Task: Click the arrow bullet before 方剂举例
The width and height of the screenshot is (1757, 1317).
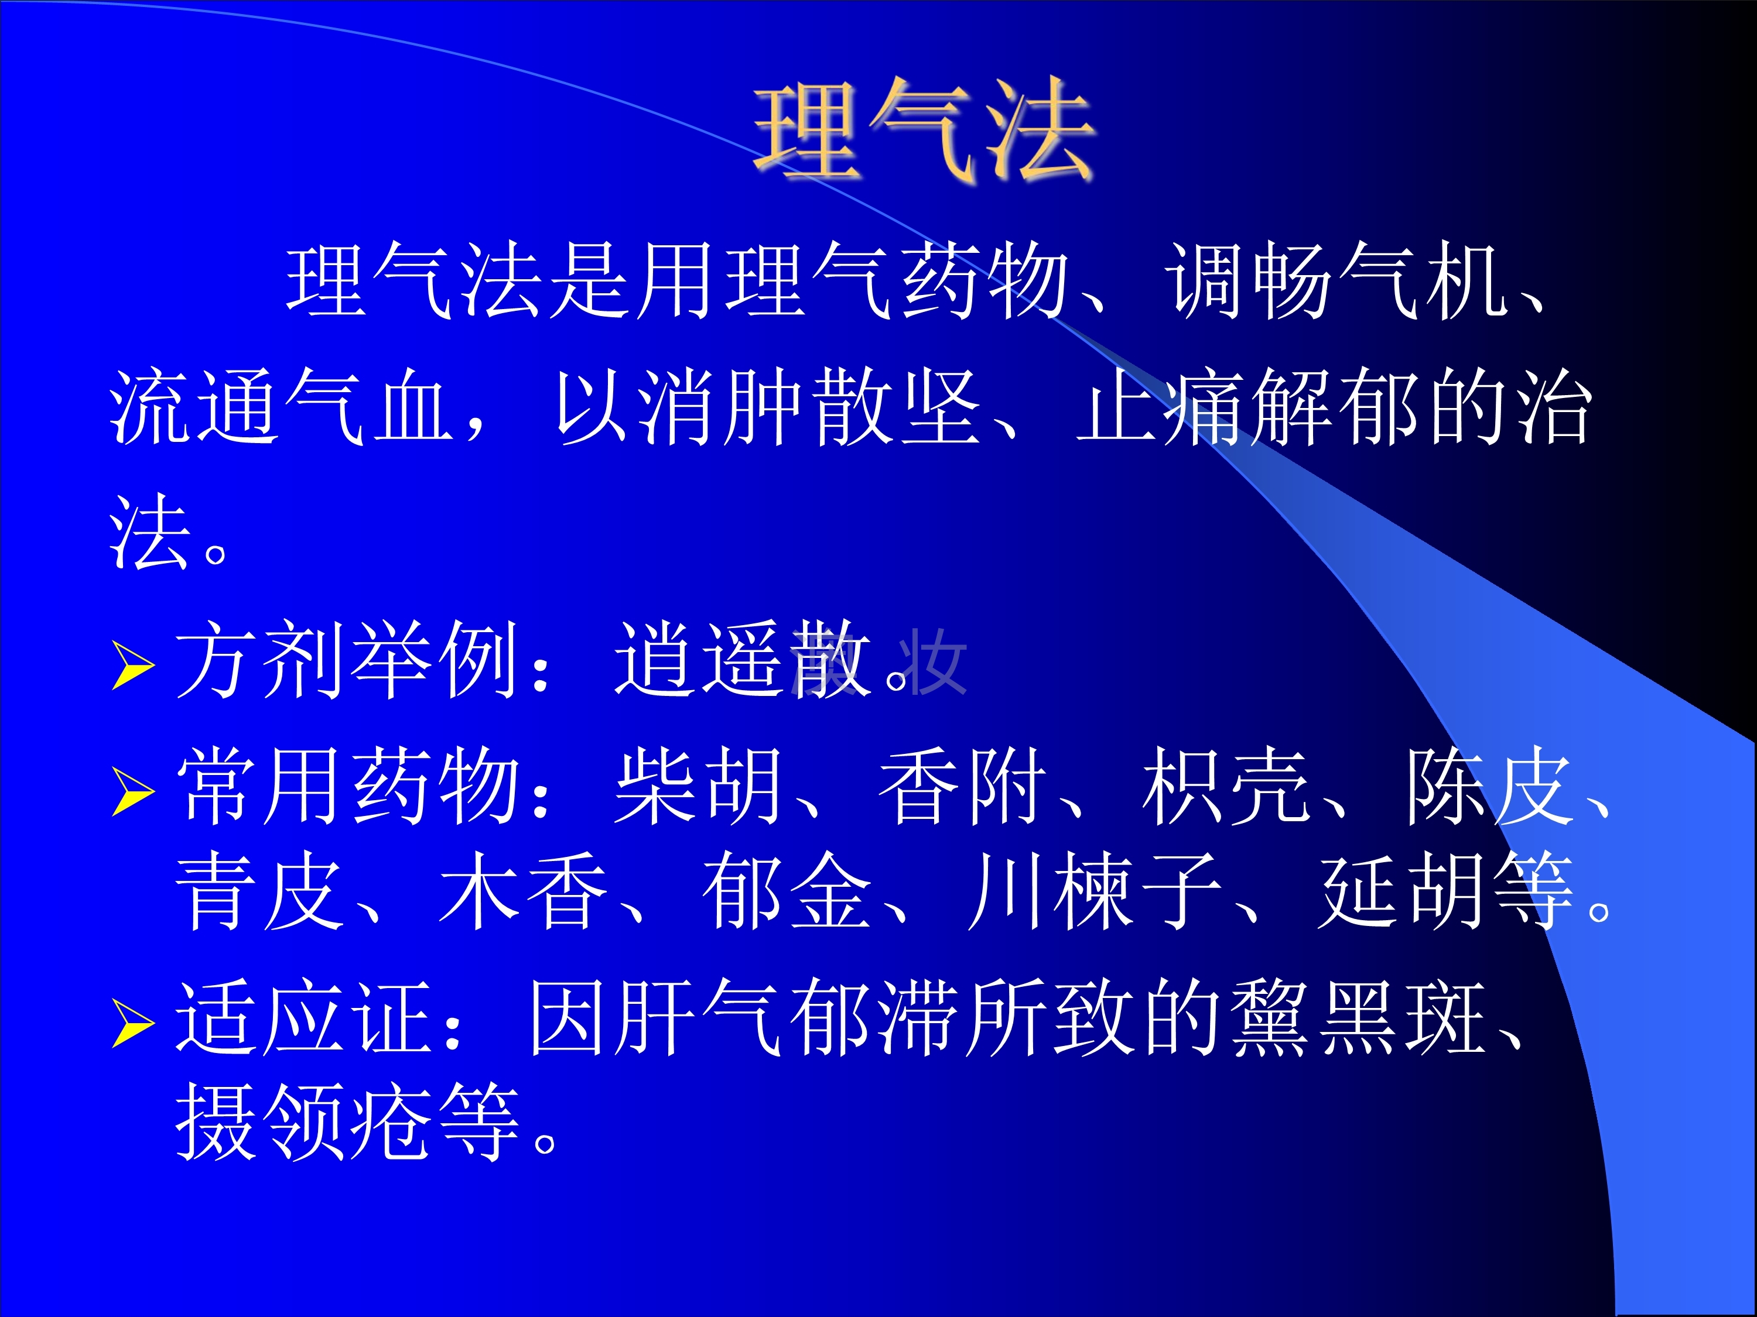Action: pyautogui.click(x=132, y=666)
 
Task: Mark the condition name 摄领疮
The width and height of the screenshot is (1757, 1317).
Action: pyautogui.click(x=305, y=1121)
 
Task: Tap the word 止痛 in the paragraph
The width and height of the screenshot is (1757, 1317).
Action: pyautogui.click(x=1160, y=406)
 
